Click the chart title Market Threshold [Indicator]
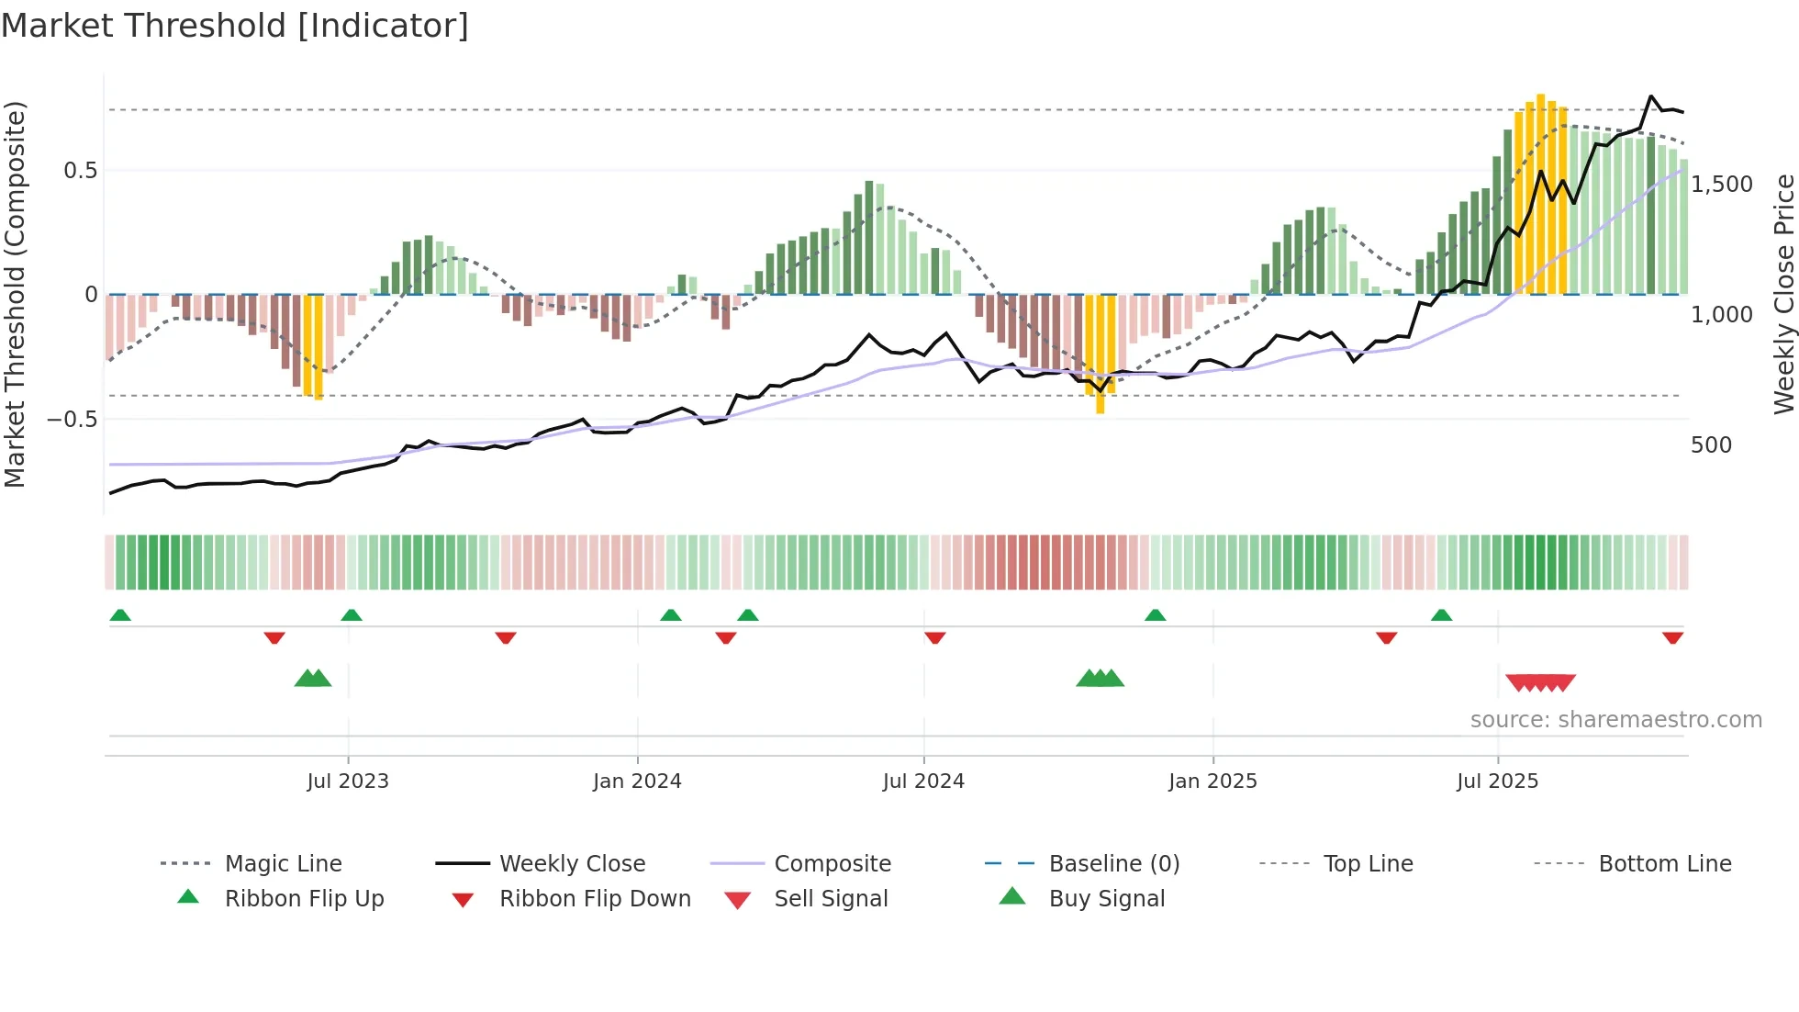coord(235,26)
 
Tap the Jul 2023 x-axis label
coord(348,781)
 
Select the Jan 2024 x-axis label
coord(637,781)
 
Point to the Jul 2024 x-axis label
coord(923,781)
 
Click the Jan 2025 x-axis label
coord(1212,781)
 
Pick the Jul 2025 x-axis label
coord(1497,781)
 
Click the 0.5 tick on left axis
coord(80,171)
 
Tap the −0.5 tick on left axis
coord(72,420)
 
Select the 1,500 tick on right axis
coord(1722,185)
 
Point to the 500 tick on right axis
coord(1711,445)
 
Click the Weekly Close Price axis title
coord(1783,294)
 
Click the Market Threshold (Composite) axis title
coord(15,294)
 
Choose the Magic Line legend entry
coord(283,864)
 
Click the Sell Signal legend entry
coord(831,899)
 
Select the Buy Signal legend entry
coord(1106,899)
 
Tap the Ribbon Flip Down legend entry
coord(595,899)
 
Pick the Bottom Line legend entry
coord(1664,864)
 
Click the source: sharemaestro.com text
coord(1615,720)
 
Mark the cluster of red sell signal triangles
coord(1540,682)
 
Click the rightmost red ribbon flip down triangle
coord(1672,637)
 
